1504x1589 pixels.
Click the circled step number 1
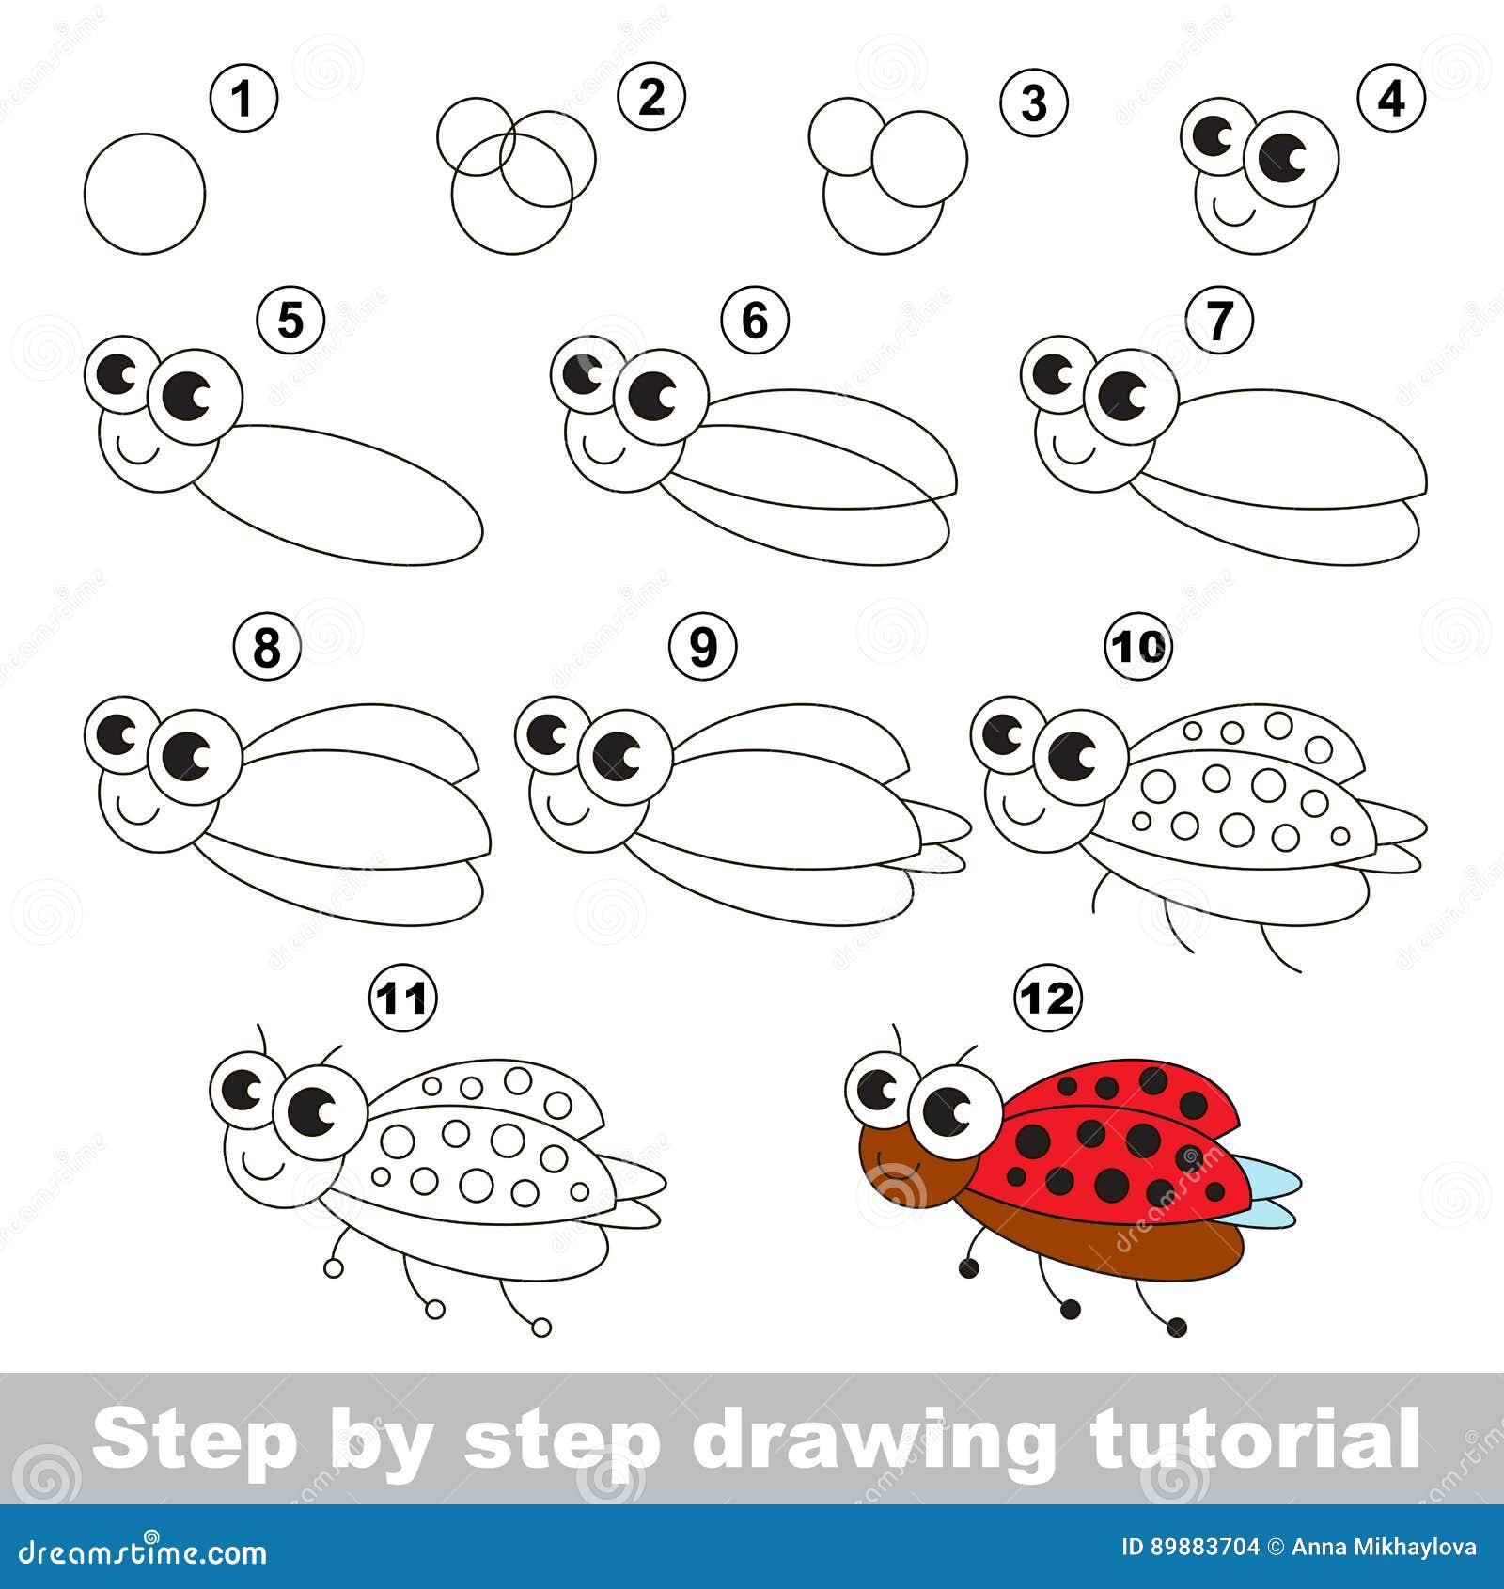(x=243, y=98)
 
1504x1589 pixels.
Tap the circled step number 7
(x=1219, y=321)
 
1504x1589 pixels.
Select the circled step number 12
(x=1048, y=999)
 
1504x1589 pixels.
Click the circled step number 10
(x=1138, y=646)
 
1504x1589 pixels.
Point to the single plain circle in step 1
(x=144, y=193)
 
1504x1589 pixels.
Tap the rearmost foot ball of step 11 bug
(x=541, y=1328)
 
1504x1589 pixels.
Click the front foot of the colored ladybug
(x=968, y=1269)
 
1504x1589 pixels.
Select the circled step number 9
(x=703, y=646)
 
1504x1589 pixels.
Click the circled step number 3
(x=1033, y=102)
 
